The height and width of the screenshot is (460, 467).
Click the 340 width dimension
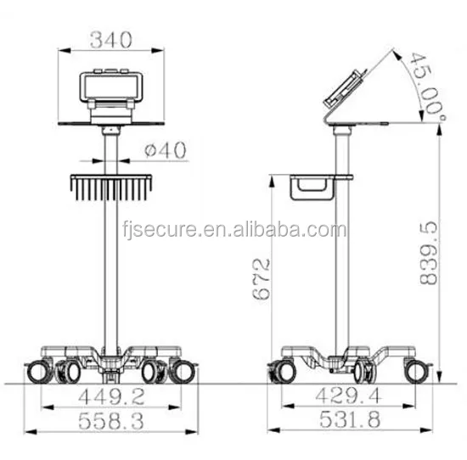pos(110,40)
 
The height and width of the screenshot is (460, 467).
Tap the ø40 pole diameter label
pos(166,150)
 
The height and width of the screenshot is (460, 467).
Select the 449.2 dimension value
pos(111,396)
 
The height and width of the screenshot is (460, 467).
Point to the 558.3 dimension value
pos(111,421)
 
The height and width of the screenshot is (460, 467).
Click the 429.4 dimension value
pos(348,396)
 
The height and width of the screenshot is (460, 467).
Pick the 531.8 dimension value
pos(350,419)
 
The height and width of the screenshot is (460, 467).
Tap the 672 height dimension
pos(262,279)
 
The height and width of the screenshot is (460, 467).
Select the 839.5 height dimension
pos(429,253)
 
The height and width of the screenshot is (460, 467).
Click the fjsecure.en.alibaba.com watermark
pos(234,230)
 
